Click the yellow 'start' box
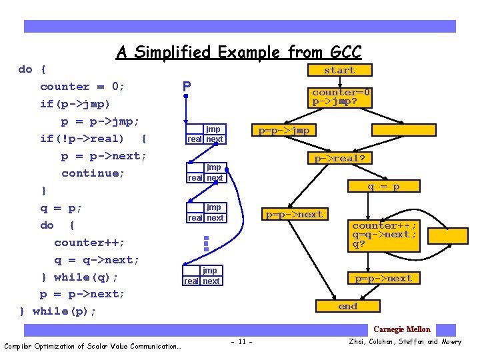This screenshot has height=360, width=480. tap(339, 70)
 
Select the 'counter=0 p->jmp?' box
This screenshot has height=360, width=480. tap(341, 97)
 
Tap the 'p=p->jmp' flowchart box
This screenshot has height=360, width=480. tap(284, 131)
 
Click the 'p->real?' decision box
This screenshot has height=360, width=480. tap(340, 158)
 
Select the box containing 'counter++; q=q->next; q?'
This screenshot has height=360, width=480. tap(385, 235)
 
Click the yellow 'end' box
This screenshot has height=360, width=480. tap(347, 306)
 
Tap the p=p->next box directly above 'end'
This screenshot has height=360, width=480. tap(383, 278)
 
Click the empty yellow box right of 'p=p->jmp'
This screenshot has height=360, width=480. tap(404, 131)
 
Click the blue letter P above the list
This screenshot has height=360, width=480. tap(187, 87)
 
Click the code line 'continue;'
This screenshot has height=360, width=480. tap(93, 173)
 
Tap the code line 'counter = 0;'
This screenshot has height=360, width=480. tap(83, 87)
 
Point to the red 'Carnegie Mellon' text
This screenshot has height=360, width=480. tap(401, 329)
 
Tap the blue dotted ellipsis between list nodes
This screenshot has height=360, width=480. tap(206, 243)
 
